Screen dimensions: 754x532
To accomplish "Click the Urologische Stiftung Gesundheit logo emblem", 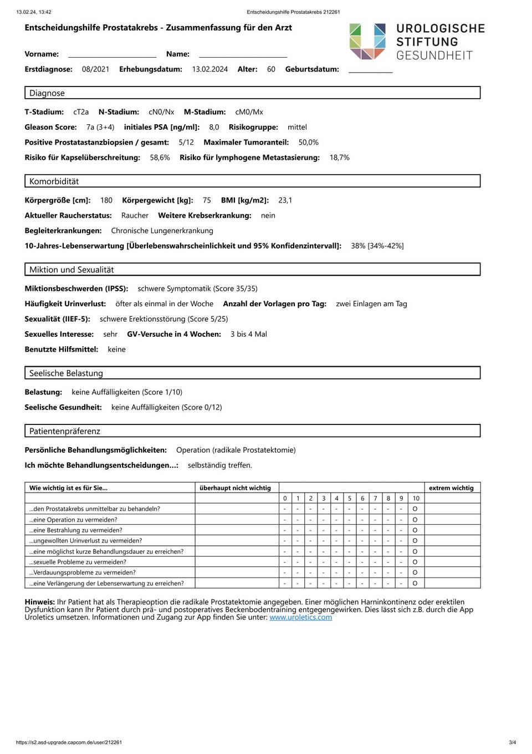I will tap(367, 41).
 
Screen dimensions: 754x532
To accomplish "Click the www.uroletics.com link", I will tap(300, 617).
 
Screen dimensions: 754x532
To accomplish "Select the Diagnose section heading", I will tap(47, 93).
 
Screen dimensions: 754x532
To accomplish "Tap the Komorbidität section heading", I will tap(54, 181).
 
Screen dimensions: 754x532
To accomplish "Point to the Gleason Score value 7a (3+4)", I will tap(100, 127).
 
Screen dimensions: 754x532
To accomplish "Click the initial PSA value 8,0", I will tap(214, 127).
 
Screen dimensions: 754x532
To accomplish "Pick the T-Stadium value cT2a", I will tap(81, 112).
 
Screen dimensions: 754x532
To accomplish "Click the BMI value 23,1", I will tap(285, 200).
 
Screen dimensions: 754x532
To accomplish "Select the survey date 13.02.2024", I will tap(209, 69).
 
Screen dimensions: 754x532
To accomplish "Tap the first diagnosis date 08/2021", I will tap(95, 69).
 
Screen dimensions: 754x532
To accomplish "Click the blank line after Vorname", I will tap(112, 55).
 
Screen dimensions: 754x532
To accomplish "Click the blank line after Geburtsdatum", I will tap(370, 70).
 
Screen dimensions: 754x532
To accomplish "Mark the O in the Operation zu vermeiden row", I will tap(415, 520).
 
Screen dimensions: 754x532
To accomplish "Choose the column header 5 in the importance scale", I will tap(350, 498).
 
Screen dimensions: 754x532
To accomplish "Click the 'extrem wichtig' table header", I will tap(451, 488).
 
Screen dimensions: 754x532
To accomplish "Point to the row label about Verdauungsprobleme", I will tap(83, 573).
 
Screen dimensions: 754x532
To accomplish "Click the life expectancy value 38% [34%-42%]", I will tap(377, 246).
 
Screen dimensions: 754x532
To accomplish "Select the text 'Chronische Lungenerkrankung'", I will tap(162, 231).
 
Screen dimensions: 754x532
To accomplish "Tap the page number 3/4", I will tap(512, 742).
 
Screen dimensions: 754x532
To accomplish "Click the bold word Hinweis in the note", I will tap(39, 602).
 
